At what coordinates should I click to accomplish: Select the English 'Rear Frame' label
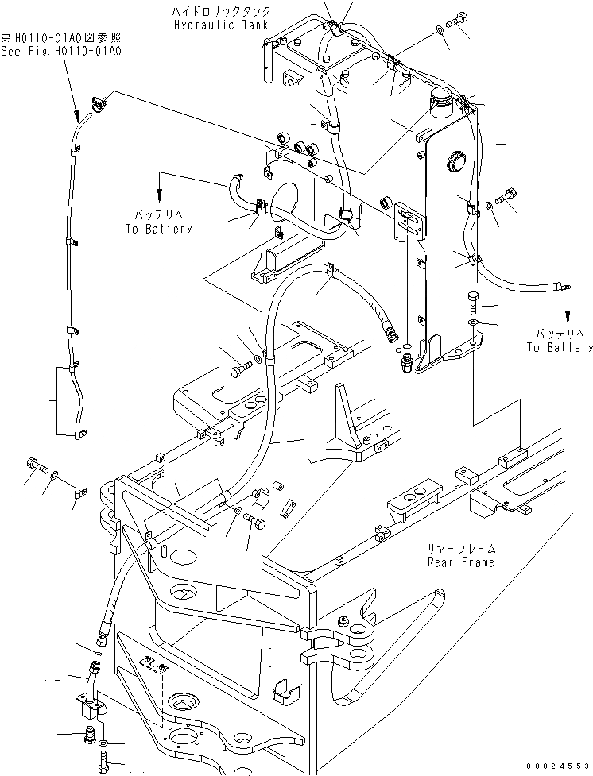click(460, 562)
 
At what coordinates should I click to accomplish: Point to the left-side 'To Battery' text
click(158, 229)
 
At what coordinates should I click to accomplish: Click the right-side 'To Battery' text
click(559, 347)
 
